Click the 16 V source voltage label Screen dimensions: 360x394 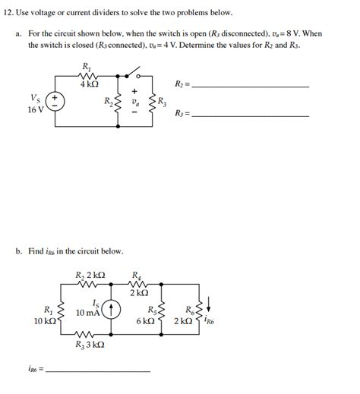pyautogui.click(x=35, y=109)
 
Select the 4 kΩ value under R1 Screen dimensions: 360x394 pyautogui.click(x=89, y=84)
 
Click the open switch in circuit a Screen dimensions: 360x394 pyautogui.click(x=137, y=73)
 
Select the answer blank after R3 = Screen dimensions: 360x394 pyautogui.click(x=251, y=115)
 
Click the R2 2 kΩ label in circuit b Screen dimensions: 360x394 pyautogui.click(x=90, y=274)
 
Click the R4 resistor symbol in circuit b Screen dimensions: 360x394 pyautogui.click(x=139, y=285)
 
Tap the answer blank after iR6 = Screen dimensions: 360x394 pyautogui.click(x=99, y=369)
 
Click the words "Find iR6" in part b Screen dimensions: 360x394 pyautogui.click(x=57, y=251)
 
